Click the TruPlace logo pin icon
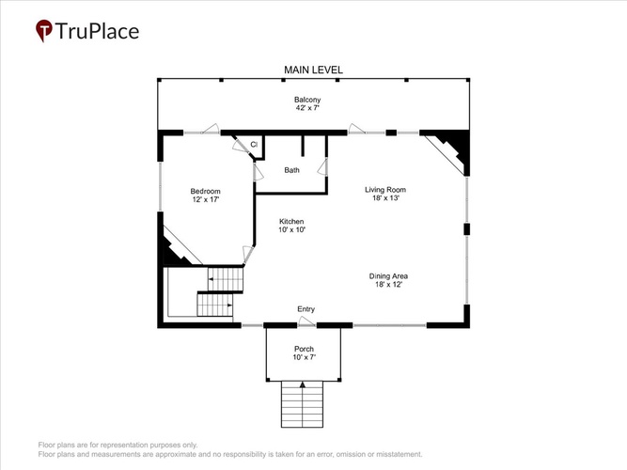[43, 30]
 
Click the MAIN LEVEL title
[313, 70]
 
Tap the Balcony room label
[307, 100]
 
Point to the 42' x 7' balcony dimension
[307, 108]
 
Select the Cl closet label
[254, 145]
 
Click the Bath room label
[291, 170]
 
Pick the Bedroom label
[205, 191]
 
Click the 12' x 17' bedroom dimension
[206, 199]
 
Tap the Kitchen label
[291, 221]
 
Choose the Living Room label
[385, 190]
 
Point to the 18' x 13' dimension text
[385, 198]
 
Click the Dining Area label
[388, 276]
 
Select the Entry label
[306, 309]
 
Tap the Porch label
[304, 349]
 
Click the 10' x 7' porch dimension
[305, 357]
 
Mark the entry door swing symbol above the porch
[307, 321]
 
